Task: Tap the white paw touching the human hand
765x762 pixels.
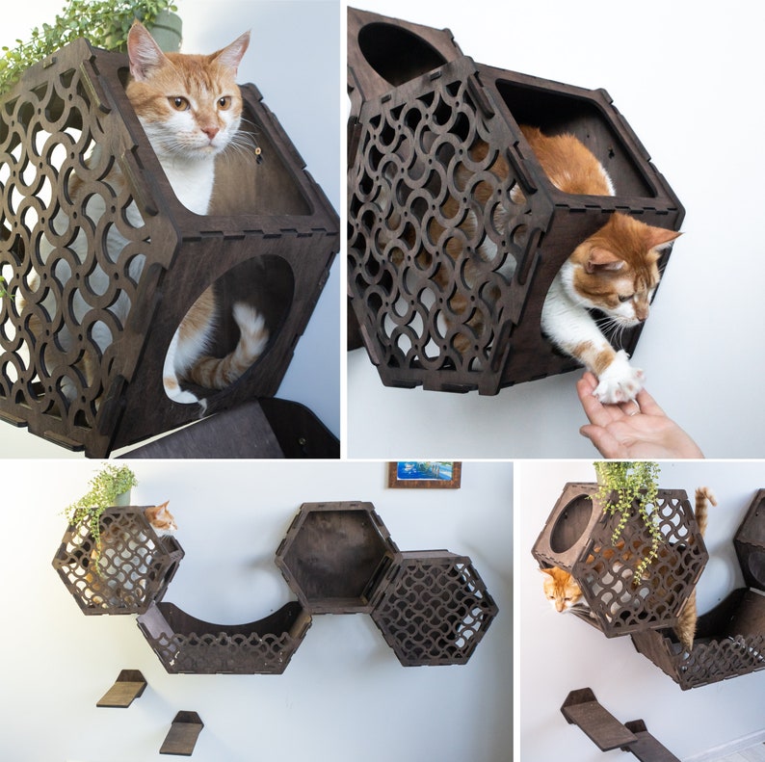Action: (618, 381)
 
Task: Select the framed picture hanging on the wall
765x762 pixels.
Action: (424, 475)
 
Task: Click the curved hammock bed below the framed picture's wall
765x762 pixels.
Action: (224, 636)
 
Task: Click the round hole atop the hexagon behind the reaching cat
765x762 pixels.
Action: (393, 52)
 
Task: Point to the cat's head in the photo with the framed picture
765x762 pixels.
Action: (161, 518)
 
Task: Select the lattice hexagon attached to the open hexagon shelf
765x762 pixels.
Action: (434, 608)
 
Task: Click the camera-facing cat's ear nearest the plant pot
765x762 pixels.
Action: (145, 52)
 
